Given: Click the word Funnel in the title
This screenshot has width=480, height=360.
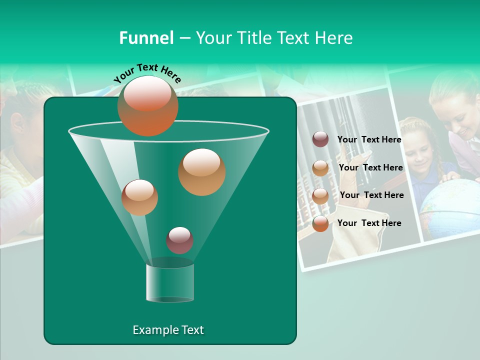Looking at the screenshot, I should (146, 38).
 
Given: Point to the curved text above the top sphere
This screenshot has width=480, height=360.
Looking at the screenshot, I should (147, 73).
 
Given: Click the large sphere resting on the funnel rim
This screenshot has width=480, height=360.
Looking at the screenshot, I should (147, 105).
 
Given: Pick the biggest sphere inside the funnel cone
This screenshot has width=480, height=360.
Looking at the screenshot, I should (201, 171).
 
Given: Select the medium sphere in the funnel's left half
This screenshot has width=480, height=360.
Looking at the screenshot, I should (139, 197).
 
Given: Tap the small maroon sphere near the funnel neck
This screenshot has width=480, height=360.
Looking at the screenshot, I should (179, 240).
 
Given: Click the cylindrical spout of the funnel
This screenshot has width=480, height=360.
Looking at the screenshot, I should (170, 282).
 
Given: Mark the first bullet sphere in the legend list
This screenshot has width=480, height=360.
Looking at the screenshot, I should (320, 139).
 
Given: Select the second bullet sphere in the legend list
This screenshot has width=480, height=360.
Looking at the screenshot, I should (320, 167).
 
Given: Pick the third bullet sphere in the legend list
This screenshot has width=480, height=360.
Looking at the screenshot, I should (320, 195).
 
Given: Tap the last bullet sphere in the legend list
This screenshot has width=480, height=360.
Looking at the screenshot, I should (320, 223).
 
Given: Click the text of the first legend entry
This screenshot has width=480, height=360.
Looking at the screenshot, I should (369, 139).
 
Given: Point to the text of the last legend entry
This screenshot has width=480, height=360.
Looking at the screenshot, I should (369, 223).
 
